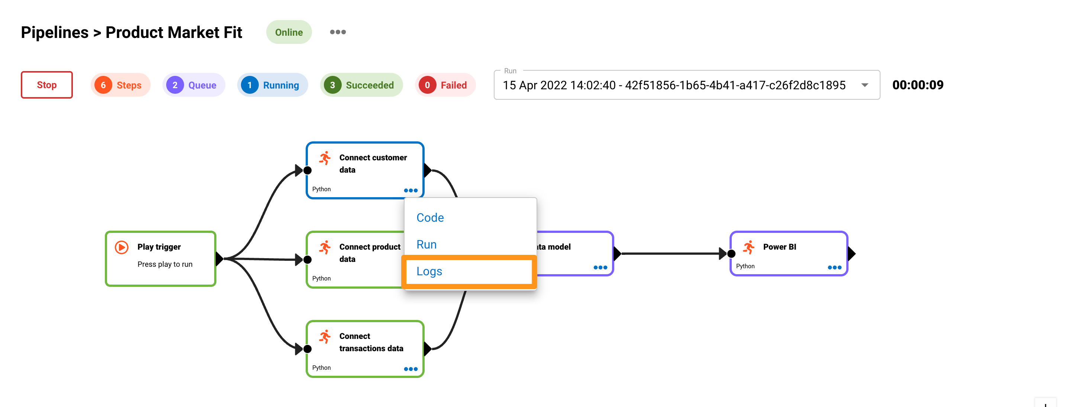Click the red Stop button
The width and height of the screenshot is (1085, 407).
(46, 85)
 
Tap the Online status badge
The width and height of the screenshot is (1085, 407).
(289, 32)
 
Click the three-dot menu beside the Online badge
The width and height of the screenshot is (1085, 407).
(337, 32)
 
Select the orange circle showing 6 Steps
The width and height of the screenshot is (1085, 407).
(103, 85)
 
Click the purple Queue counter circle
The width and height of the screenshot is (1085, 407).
(175, 85)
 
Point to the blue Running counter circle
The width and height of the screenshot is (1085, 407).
(250, 85)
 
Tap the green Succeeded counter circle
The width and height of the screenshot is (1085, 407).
(332, 85)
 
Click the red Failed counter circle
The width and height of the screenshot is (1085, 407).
(427, 85)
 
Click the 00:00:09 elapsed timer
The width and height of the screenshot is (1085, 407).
(917, 85)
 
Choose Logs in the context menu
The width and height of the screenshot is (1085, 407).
(429, 271)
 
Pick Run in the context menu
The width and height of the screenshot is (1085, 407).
(426, 244)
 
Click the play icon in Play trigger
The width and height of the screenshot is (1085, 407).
(122, 247)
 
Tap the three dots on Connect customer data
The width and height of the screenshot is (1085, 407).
(410, 190)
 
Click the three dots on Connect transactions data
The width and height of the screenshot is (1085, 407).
(410, 369)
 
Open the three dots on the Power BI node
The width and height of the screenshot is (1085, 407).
(834, 267)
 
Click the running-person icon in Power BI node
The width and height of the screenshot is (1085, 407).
(748, 247)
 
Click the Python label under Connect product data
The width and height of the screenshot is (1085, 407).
(321, 279)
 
